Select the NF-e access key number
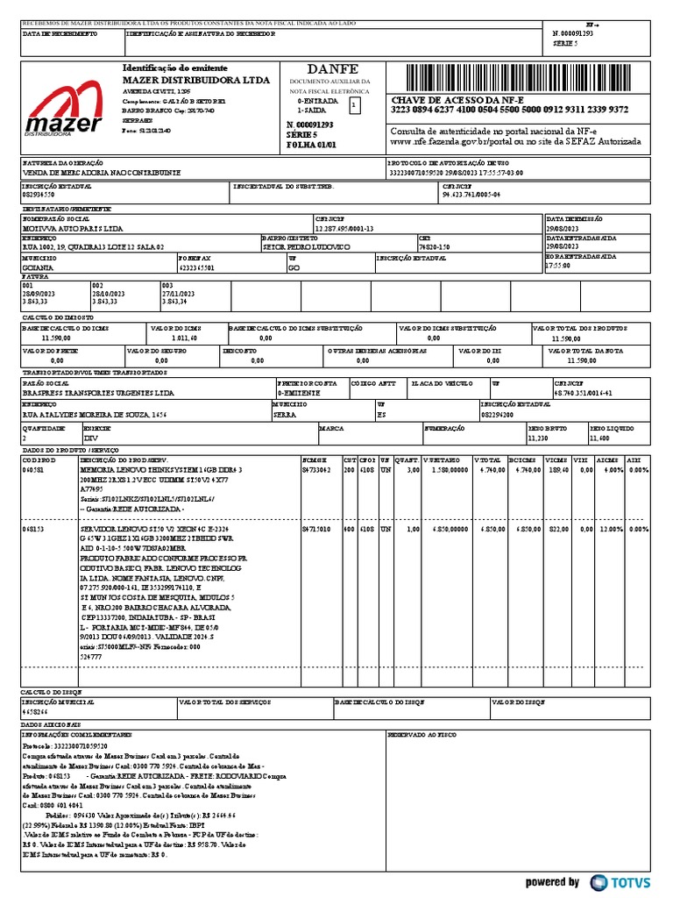click(509, 110)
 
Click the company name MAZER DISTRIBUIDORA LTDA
click(184, 80)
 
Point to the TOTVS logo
click(620, 881)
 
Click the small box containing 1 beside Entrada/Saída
click(354, 105)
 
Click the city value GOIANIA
click(39, 267)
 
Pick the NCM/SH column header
click(314, 460)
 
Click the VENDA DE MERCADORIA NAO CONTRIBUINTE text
click(101, 174)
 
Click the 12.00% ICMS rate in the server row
click(610, 530)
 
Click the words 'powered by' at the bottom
click(552, 881)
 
